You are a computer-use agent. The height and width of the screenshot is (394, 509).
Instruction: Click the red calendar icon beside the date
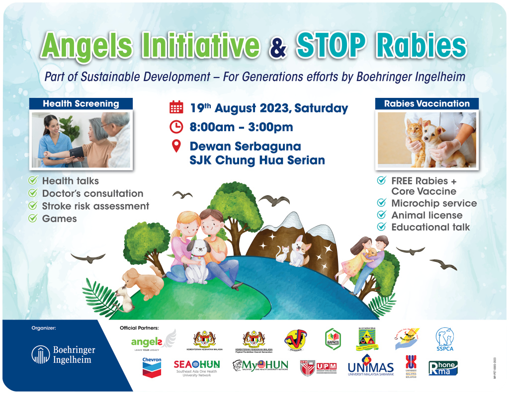click(176, 107)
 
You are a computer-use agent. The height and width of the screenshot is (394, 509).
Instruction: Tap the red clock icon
click(176, 127)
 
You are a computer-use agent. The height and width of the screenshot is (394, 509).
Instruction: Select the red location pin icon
click(176, 147)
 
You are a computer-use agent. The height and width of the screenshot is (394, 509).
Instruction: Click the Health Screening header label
click(81, 104)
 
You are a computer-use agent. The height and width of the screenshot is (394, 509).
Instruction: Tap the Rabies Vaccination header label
click(427, 104)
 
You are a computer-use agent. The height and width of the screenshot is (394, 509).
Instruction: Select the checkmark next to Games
click(33, 218)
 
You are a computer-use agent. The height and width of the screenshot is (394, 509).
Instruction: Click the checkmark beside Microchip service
click(382, 203)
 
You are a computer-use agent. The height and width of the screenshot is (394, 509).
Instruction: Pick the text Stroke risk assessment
click(95, 206)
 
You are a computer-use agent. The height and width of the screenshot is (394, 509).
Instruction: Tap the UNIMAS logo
click(370, 367)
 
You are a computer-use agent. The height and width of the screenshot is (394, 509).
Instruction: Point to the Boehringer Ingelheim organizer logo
click(63, 354)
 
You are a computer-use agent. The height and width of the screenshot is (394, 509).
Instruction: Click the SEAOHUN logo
click(196, 367)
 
